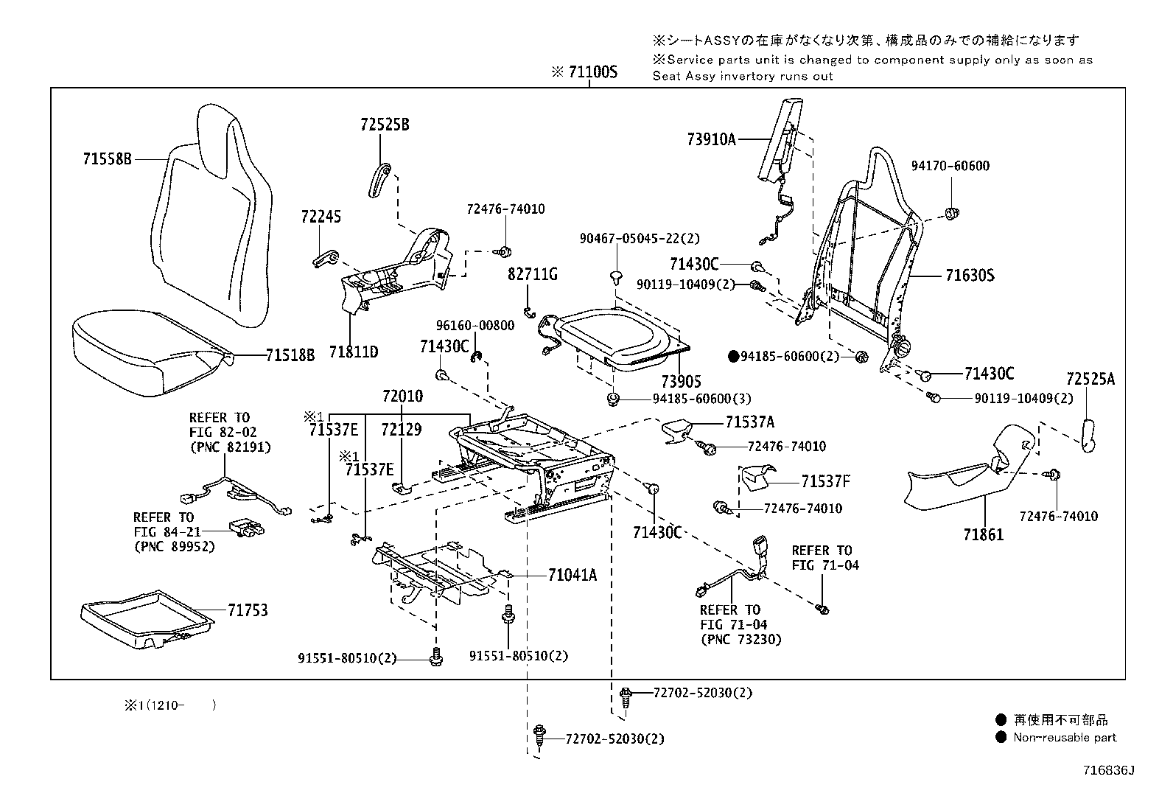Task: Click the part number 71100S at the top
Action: click(x=591, y=72)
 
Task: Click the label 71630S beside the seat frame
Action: click(x=970, y=276)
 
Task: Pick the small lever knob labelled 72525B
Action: click(x=379, y=180)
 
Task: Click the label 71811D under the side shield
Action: click(x=353, y=352)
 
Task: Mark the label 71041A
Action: click(x=572, y=575)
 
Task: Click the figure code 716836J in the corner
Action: click(x=1107, y=770)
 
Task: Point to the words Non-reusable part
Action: click(x=1065, y=737)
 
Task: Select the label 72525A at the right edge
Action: click(x=1090, y=380)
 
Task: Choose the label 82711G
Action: click(x=532, y=274)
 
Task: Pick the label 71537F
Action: click(x=825, y=481)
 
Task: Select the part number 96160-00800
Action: click(x=475, y=325)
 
